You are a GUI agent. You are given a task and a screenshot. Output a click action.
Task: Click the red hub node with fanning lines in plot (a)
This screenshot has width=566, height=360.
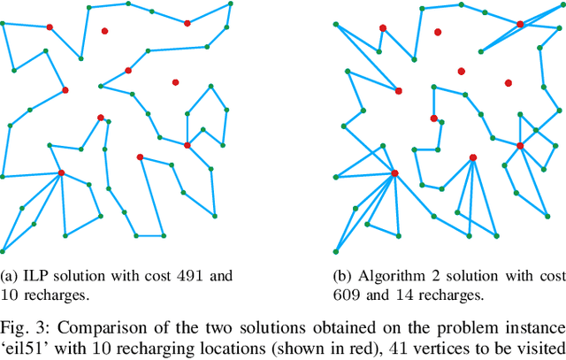pyautogui.click(x=61, y=172)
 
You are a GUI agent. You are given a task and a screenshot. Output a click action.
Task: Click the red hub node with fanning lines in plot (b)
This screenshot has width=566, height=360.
pyautogui.click(x=394, y=172)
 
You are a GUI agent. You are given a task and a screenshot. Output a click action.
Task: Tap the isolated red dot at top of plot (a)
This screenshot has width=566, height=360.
pyautogui.click(x=104, y=31)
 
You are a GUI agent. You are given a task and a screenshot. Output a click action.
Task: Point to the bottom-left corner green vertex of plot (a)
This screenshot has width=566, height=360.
pyautogui.click(x=3, y=251)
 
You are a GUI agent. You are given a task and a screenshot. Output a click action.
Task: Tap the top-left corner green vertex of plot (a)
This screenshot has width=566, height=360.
pyautogui.click(x=3, y=23)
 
